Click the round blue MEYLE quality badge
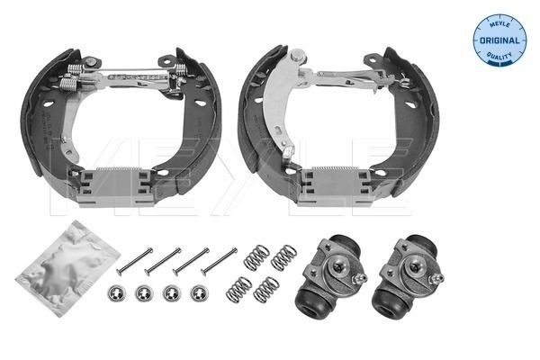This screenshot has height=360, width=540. [x=499, y=40]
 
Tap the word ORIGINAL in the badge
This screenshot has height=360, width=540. [x=499, y=40]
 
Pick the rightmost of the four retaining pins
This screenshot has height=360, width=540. [x=219, y=260]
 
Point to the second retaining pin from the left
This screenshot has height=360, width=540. [x=163, y=261]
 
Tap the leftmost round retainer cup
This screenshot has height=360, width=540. [x=116, y=292]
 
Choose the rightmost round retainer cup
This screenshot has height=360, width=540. [x=198, y=292]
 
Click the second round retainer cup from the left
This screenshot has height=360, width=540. [x=142, y=292]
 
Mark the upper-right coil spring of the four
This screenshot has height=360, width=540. [x=284, y=257]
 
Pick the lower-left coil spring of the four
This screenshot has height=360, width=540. [x=238, y=290]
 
